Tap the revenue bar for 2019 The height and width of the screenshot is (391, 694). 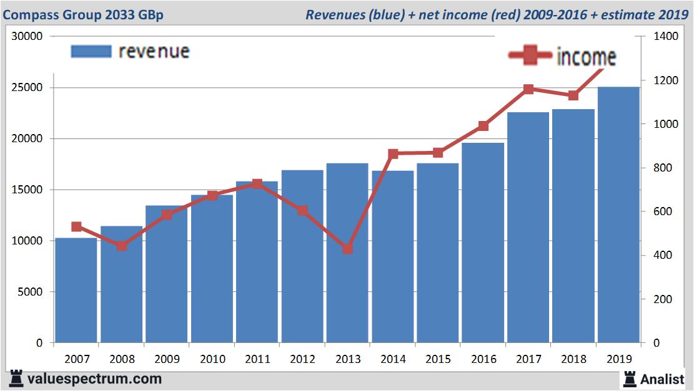tap(618, 215)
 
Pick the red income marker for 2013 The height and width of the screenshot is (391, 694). tap(347, 249)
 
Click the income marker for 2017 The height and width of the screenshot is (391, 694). tap(528, 89)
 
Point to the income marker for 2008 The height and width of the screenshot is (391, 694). tap(122, 246)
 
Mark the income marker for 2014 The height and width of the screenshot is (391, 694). tap(393, 153)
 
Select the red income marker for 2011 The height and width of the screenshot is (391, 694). tap(257, 184)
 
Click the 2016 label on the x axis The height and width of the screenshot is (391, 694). tap(483, 359)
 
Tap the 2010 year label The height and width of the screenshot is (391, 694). tap(212, 359)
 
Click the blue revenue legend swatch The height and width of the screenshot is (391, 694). tap(91, 51)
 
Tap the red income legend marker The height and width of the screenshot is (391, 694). tap(530, 56)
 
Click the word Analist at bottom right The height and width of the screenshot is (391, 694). tap(662, 379)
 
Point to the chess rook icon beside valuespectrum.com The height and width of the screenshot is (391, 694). tap(16, 379)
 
